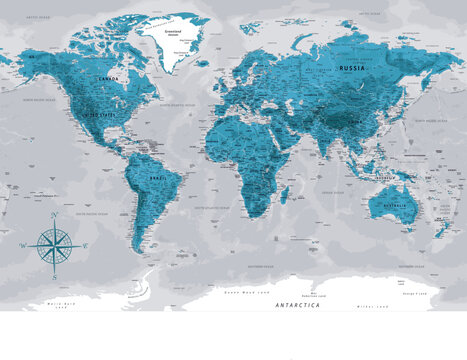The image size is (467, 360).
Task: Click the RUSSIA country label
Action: point(352,68)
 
